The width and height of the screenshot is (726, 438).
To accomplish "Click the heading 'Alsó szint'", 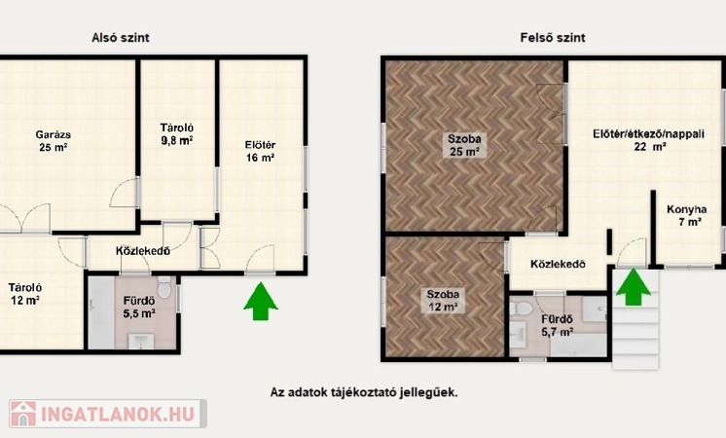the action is point(121,38).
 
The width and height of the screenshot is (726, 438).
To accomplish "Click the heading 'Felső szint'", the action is point(553,38).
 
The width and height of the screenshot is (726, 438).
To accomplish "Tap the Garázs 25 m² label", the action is point(54,141).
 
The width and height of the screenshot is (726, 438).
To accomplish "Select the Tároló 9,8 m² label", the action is point(177,134).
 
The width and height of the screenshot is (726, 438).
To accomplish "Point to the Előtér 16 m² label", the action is point(260,152).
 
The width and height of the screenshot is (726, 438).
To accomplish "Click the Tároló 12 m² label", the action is point(25,294).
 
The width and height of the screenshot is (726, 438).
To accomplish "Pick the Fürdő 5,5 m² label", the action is point(139,307).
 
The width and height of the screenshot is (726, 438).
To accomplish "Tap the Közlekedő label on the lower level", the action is point(143,251).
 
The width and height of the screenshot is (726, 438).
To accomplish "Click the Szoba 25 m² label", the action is point(464,145).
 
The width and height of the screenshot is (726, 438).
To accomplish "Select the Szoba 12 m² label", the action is point(443,300).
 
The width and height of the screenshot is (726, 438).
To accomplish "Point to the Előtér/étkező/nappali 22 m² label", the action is point(649,140).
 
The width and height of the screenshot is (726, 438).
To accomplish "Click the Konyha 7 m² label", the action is point(687,216).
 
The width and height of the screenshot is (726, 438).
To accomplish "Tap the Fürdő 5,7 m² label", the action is point(558,325).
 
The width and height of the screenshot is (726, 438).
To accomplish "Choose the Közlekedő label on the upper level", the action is point(558,264).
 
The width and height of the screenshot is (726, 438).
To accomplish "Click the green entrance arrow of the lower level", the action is point(261,301).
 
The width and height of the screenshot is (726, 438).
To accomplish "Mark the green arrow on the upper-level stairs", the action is point(633,287).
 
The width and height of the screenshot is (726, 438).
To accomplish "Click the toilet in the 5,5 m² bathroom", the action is point(163,287).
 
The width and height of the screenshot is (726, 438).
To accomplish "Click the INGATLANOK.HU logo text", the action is point(118,415).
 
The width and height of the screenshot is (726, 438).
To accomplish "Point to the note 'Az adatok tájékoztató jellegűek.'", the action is point(364,392).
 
